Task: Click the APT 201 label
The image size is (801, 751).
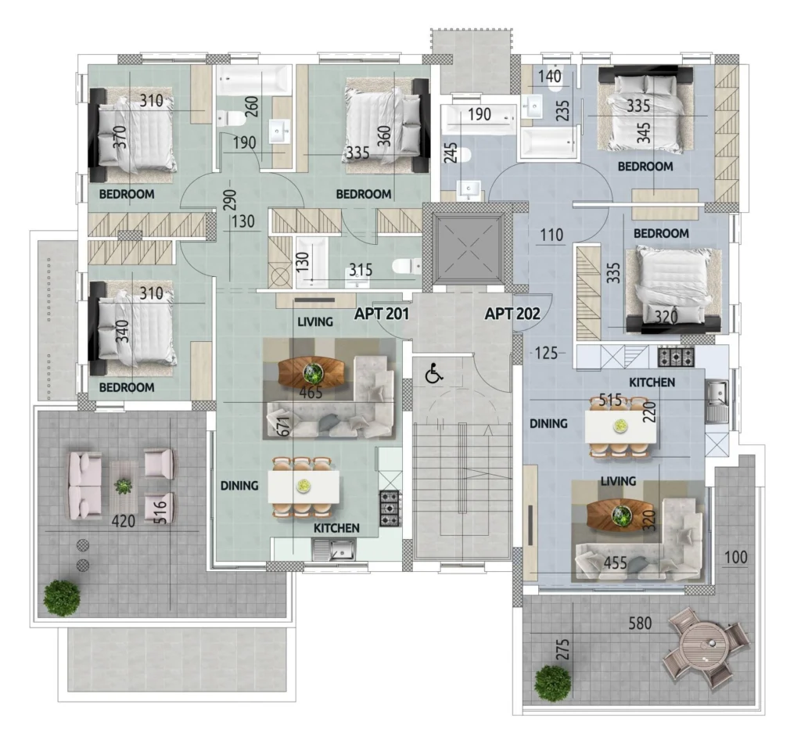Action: pos(382,313)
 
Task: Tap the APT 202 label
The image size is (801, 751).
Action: pos(512,313)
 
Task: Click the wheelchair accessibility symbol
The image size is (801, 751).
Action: pos(433,374)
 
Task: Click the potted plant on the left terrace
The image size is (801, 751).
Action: pos(62,598)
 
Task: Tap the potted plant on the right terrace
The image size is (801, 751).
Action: pos(553,684)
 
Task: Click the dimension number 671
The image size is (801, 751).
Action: pos(284,426)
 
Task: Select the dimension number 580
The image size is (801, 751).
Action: pos(640,623)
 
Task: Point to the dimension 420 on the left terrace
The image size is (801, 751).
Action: pos(124,521)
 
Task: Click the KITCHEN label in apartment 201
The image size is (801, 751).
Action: pos(336,528)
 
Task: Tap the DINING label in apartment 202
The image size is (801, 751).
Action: pos(548,423)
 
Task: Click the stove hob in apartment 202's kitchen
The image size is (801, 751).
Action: pos(676,356)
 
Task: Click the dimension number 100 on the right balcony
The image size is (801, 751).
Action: pos(735,557)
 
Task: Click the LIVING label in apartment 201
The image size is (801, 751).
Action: pos(315,322)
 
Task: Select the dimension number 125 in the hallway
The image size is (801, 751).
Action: pos(546,353)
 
